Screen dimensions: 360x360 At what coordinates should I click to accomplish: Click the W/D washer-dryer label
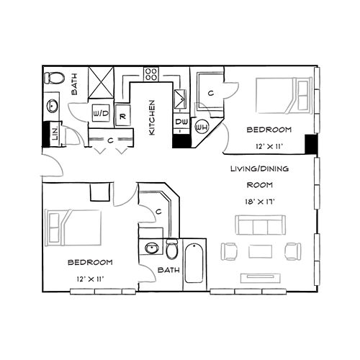click(x=101, y=114)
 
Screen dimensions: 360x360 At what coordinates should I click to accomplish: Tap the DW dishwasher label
click(x=180, y=123)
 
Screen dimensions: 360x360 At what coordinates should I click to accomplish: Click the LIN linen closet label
click(x=55, y=132)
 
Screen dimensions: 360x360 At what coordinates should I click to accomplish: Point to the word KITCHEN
click(x=152, y=117)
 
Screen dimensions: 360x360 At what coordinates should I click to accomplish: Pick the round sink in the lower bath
click(x=150, y=249)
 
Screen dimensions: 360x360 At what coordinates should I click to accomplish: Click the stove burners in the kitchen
click(x=151, y=73)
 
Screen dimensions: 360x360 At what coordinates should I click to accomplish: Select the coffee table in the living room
click(x=259, y=251)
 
